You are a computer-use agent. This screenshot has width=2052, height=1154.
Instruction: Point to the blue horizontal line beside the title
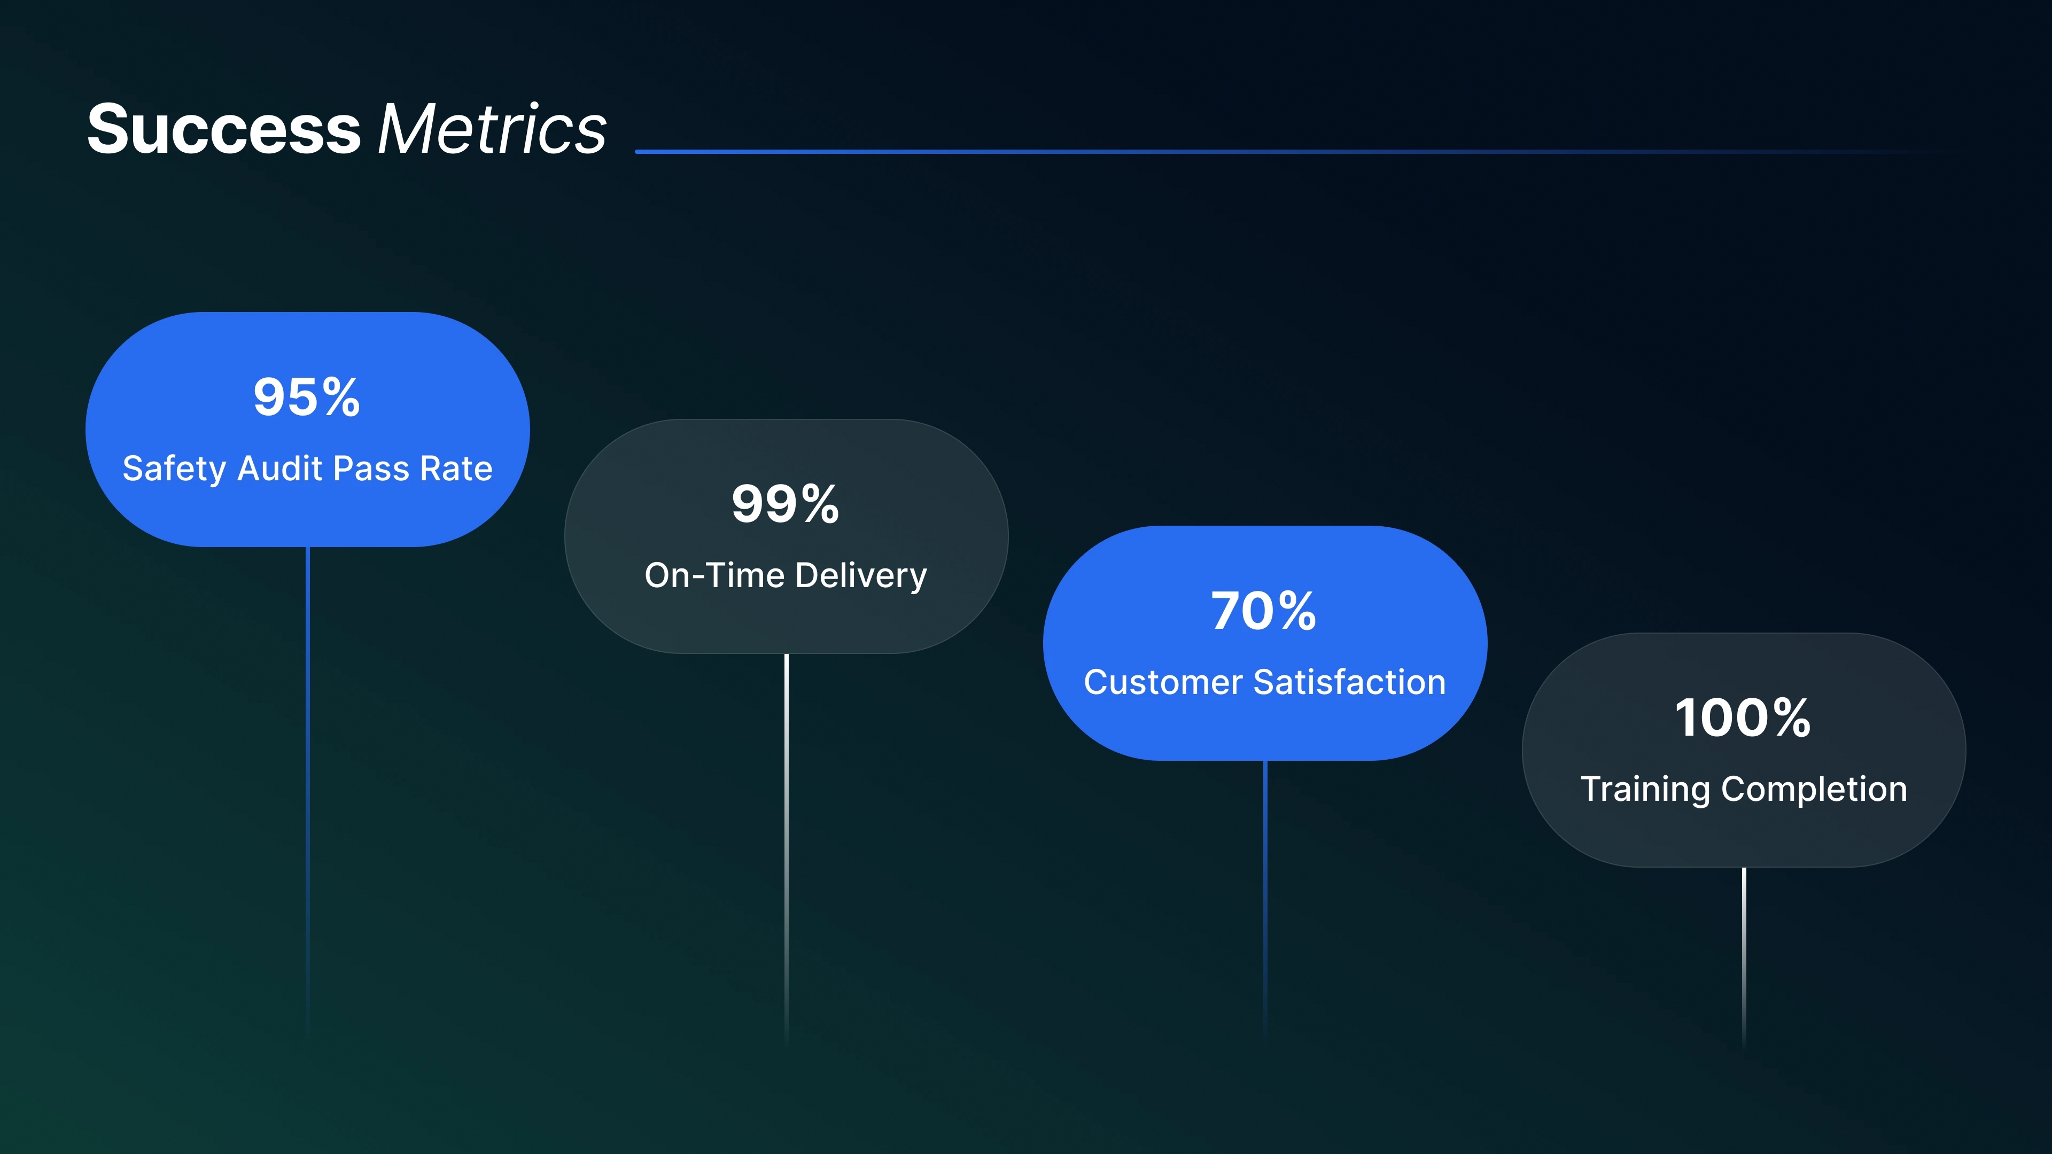coord(1299,151)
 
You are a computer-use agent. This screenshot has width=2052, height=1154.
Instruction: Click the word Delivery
coord(861,576)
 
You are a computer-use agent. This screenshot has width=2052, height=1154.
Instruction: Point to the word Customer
coord(1163,683)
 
